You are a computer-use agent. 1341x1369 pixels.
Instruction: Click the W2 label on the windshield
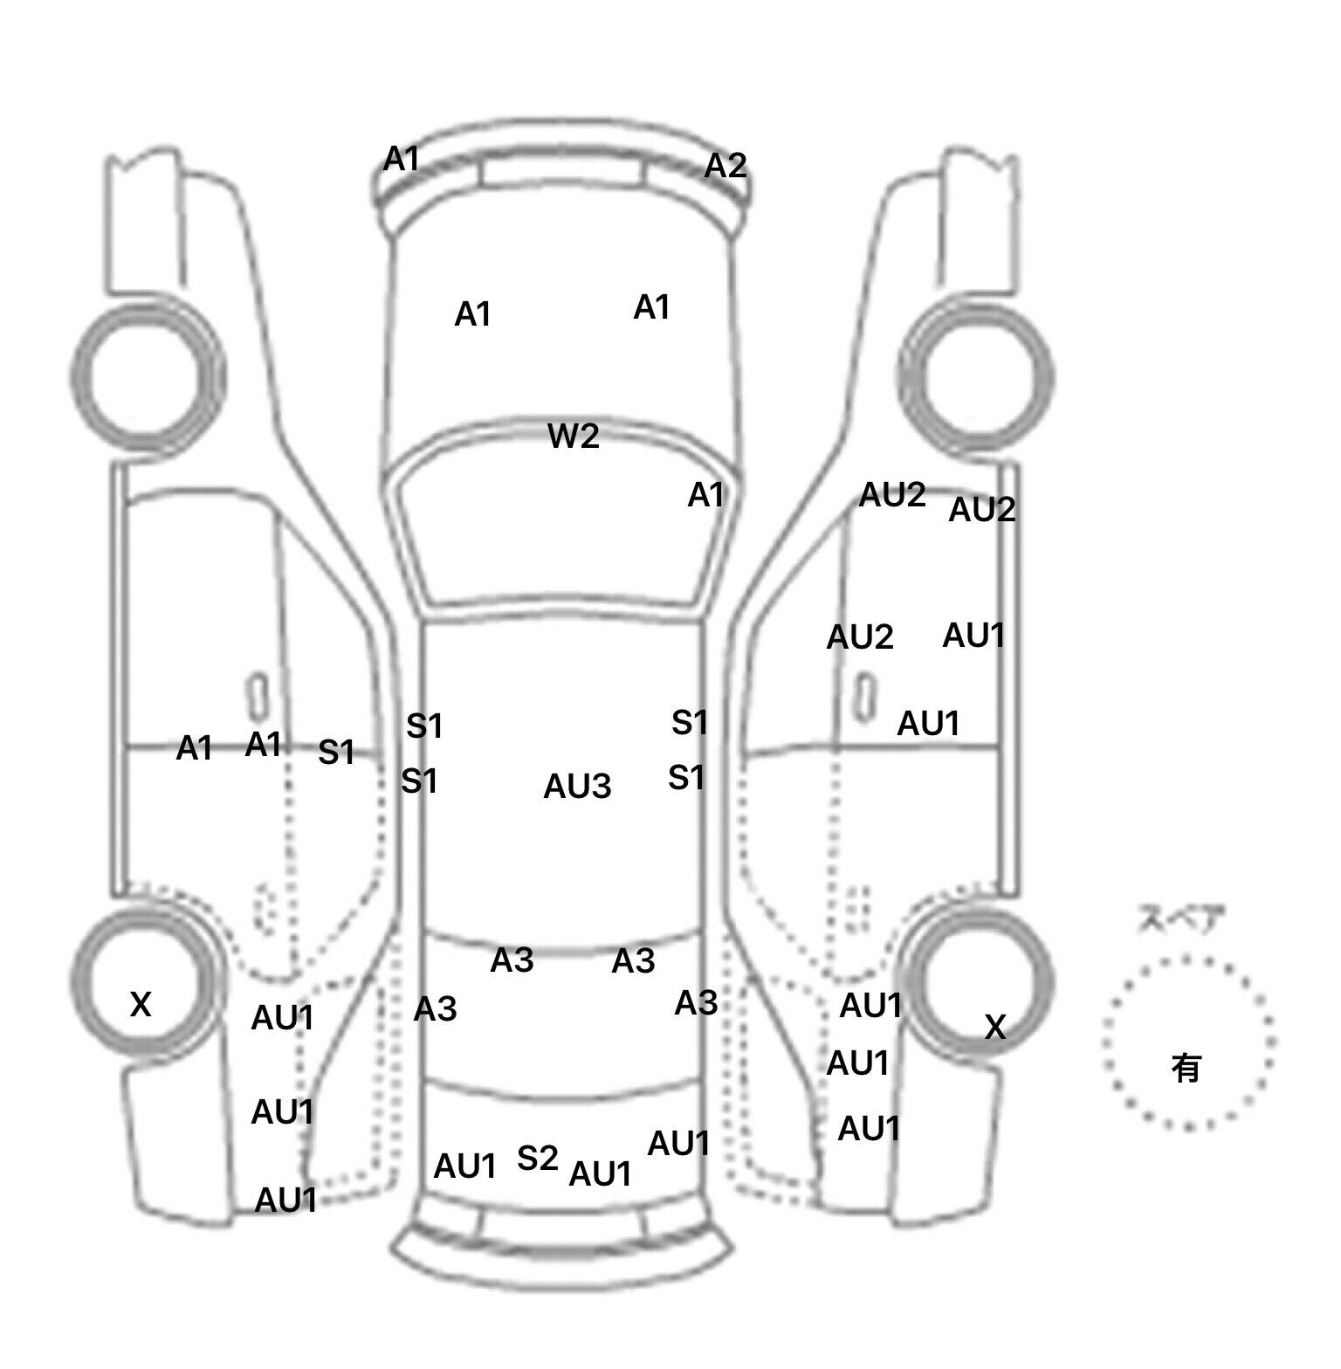pyautogui.click(x=574, y=436)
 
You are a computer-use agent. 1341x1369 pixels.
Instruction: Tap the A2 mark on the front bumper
pyautogui.click(x=726, y=165)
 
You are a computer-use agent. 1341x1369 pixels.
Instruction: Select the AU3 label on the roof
pyautogui.click(x=577, y=787)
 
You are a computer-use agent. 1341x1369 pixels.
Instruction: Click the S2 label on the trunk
pyautogui.click(x=537, y=1159)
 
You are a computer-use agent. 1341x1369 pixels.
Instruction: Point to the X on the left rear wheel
pyautogui.click(x=141, y=1004)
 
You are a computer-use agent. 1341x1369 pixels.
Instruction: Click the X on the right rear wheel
pyautogui.click(x=995, y=1027)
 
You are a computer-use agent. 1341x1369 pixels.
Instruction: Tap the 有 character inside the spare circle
pyautogui.click(x=1186, y=1068)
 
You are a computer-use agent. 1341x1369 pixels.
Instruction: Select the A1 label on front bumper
pyautogui.click(x=402, y=159)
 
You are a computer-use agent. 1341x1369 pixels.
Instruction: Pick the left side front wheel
pyautogui.click(x=147, y=377)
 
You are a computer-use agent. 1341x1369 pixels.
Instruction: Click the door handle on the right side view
pyautogui.click(x=865, y=696)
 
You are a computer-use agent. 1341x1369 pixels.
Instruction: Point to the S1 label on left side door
pyautogui.click(x=336, y=752)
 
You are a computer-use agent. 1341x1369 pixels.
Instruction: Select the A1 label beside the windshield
pyautogui.click(x=705, y=496)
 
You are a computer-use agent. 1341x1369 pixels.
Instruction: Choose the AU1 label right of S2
pyautogui.click(x=600, y=1174)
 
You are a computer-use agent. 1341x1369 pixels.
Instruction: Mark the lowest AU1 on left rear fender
pyautogui.click(x=285, y=1200)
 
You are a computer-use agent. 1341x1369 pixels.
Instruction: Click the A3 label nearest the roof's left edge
pyautogui.click(x=435, y=1009)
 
